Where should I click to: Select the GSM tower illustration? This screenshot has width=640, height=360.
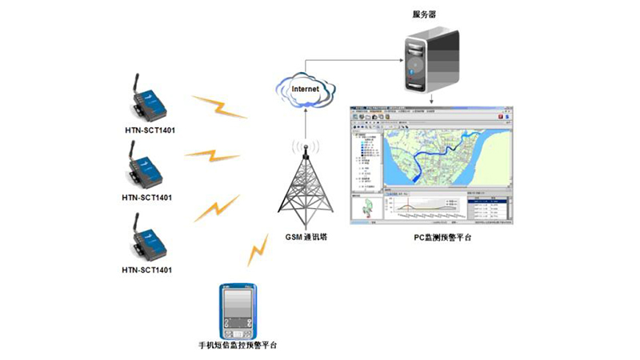pyautogui.click(x=305, y=186)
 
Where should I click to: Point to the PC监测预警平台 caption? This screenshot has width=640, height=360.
pyautogui.click(x=430, y=237)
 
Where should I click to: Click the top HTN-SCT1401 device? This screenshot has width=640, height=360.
pyautogui.click(x=149, y=99)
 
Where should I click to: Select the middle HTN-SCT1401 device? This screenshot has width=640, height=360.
pyautogui.click(x=147, y=167)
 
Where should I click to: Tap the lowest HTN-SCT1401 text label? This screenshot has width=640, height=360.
pyautogui.click(x=147, y=270)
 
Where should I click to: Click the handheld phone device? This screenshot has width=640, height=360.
pyautogui.click(x=237, y=310)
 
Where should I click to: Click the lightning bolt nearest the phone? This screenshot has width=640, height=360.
pyautogui.click(x=258, y=250)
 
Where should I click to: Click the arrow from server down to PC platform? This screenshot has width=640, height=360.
pyautogui.click(x=432, y=98)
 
